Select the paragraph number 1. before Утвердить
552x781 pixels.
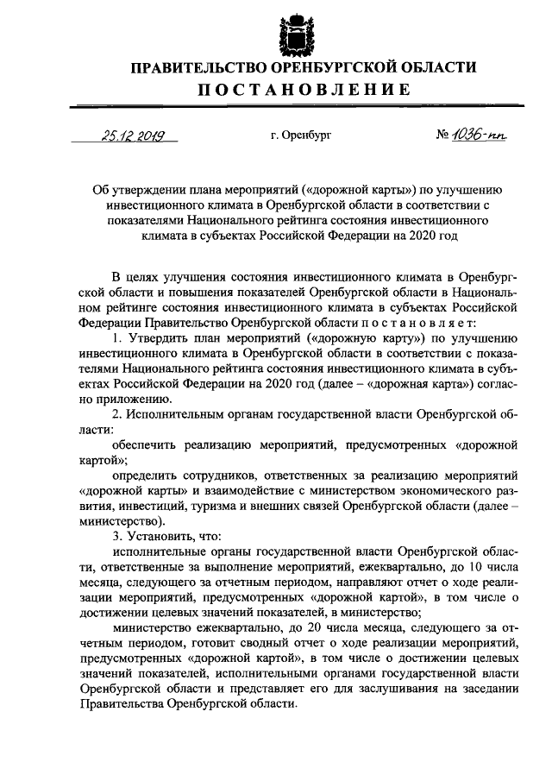coord(117,337)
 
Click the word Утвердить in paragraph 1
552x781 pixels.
coord(155,337)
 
